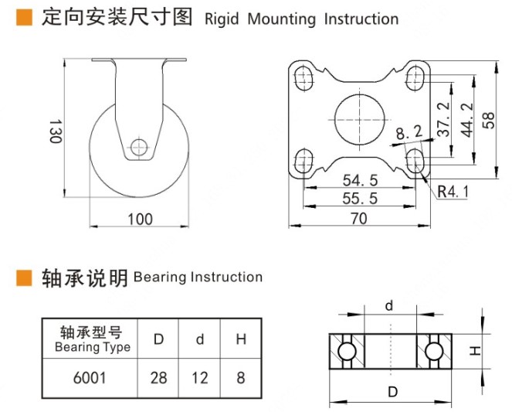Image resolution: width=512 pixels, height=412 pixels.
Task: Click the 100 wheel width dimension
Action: (140, 220)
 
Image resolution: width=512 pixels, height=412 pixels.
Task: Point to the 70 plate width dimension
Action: (358, 219)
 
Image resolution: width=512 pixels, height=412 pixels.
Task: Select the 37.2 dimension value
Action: (443, 120)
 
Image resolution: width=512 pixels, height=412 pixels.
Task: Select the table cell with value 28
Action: (159, 379)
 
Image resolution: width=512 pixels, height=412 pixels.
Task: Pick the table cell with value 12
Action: (199, 379)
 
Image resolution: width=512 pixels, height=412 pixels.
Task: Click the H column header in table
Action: (242, 339)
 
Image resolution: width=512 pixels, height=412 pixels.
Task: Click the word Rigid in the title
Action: (223, 19)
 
